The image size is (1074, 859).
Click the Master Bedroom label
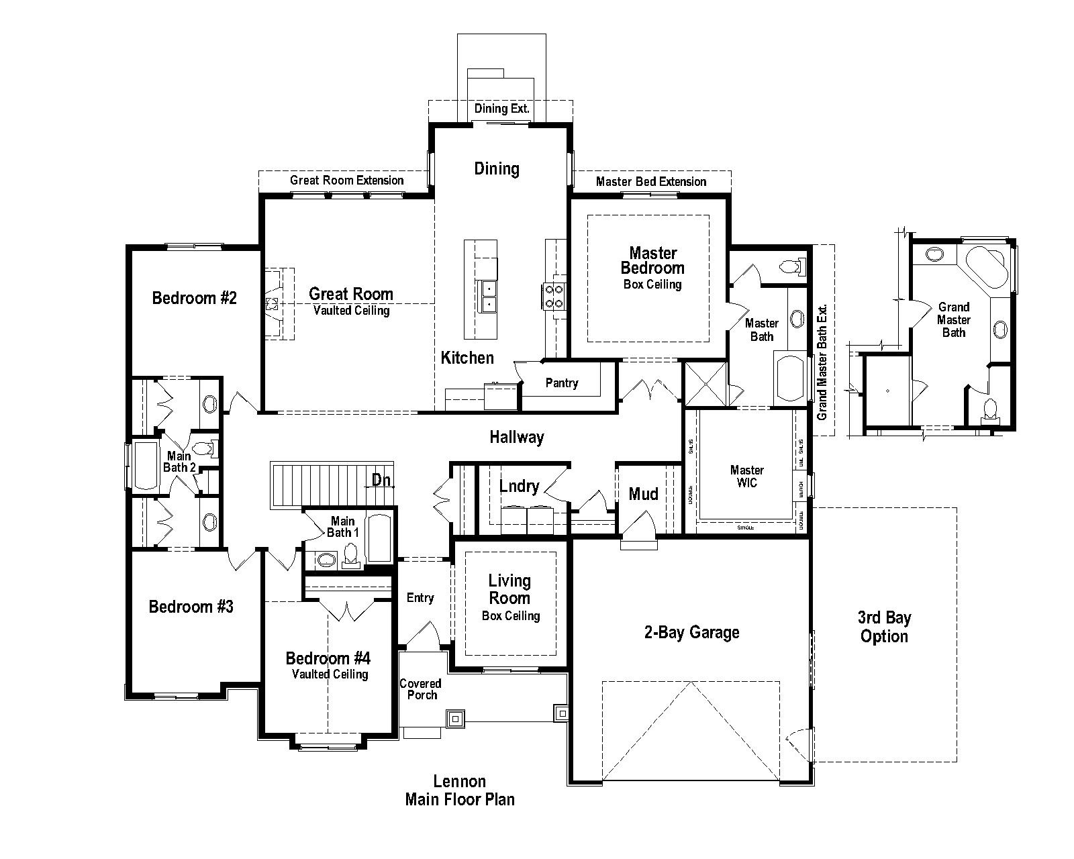pyautogui.click(x=652, y=261)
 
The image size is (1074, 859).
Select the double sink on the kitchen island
pyautogui.click(x=489, y=297)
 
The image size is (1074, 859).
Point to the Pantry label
pyautogui.click(x=562, y=383)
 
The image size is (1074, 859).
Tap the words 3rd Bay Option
pyautogui.click(x=884, y=627)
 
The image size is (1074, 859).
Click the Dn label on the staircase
pyautogui.click(x=381, y=480)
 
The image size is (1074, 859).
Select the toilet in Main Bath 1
pyautogui.click(x=350, y=554)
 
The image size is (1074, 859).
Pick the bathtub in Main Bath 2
pyautogui.click(x=146, y=464)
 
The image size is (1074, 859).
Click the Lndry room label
pyautogui.click(x=519, y=486)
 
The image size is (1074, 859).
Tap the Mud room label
pyautogui.click(x=643, y=495)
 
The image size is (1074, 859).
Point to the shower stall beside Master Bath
pyautogui.click(x=705, y=384)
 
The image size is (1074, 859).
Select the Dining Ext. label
pyautogui.click(x=501, y=109)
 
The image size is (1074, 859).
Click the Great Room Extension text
pyautogui.click(x=346, y=181)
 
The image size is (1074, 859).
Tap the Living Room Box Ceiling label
pyautogui.click(x=510, y=597)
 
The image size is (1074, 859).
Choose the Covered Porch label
pyautogui.click(x=420, y=689)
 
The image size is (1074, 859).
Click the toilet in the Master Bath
pyautogui.click(x=792, y=267)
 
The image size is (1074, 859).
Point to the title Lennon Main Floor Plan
pyautogui.click(x=460, y=791)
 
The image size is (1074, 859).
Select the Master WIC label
pyautogui.click(x=746, y=476)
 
